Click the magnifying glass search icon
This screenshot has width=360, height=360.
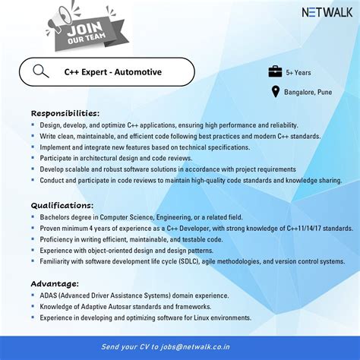coord(41,72)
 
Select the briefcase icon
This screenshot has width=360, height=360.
coord(275,72)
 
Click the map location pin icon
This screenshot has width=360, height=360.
coord(276,92)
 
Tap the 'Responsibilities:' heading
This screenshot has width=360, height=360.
coord(65,112)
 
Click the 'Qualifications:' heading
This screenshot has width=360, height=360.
coord(62,205)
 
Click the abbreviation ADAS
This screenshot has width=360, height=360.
coord(50,296)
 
